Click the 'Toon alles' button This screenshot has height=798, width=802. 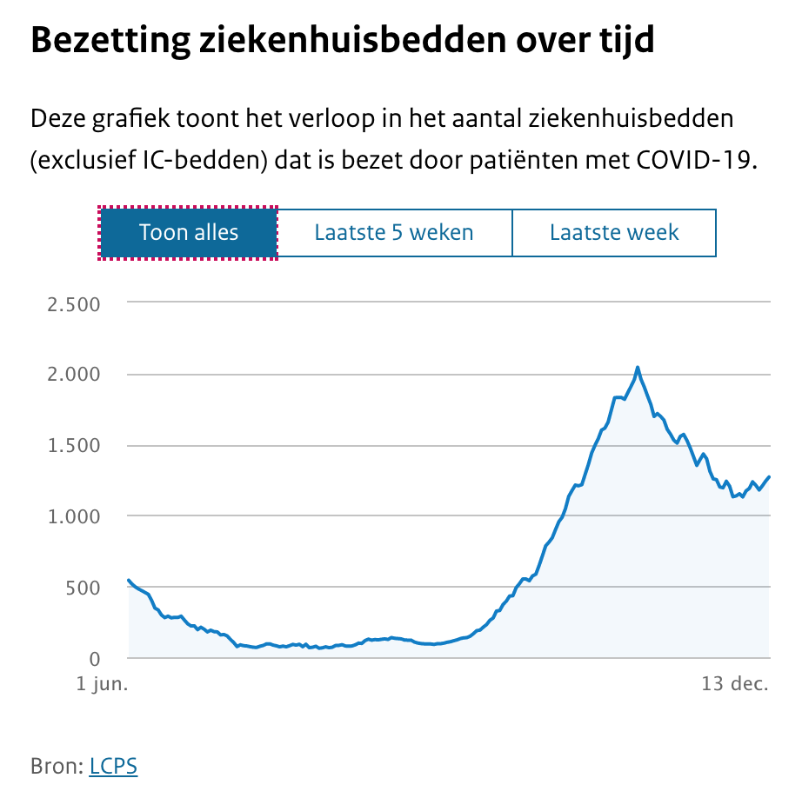point(189,233)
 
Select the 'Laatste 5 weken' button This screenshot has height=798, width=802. point(394,233)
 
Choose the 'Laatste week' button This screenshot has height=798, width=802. point(614,233)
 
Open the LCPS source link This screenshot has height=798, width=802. point(113,766)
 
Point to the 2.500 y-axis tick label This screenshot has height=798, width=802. point(76,304)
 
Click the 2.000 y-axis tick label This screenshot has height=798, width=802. point(76,375)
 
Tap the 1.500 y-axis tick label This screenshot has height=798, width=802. point(76,446)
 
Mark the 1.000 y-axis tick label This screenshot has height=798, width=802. point(76,516)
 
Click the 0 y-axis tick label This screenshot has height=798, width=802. point(96,658)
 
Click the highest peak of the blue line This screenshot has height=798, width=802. point(638,368)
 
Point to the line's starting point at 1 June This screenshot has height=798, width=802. point(129,580)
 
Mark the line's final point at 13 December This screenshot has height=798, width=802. point(770,476)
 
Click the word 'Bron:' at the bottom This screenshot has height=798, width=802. point(57,766)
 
